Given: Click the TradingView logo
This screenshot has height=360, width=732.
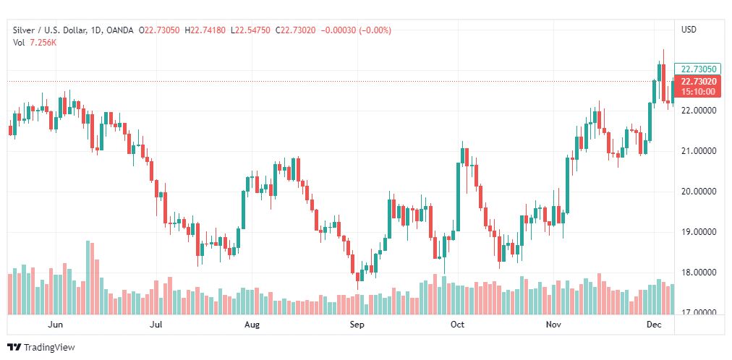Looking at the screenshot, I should tap(41, 348).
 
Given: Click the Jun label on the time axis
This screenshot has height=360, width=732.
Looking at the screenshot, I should tap(55, 325).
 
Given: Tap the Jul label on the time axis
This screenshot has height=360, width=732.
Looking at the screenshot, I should tap(156, 325).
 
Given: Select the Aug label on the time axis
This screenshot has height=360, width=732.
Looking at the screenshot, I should tap(252, 325).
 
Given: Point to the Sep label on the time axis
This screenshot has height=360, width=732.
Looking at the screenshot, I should tap(357, 325).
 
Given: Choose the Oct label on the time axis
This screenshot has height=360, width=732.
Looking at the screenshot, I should tap(457, 325).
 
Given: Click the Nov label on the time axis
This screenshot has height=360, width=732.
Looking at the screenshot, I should tap(554, 325).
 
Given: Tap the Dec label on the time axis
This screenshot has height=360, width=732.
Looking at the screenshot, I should tap(655, 325).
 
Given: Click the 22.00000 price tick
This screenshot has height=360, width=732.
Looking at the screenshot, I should tap(699, 111).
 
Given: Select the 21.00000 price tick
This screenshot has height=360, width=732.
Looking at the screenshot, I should tap(699, 151).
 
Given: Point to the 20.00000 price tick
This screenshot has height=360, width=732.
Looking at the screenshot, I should tap(699, 192).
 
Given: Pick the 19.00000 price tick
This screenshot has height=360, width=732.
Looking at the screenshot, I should tap(699, 232).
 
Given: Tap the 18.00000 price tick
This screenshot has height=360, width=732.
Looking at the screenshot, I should tap(699, 273).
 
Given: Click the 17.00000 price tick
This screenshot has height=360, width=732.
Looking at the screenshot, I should tap(699, 312).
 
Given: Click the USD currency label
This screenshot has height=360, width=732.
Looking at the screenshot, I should tap(689, 30).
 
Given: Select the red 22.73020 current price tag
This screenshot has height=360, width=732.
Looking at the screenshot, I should tap(698, 82).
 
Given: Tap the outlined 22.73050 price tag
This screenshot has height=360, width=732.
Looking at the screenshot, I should tap(698, 69).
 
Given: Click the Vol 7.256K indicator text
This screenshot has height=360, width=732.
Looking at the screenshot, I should tap(35, 43).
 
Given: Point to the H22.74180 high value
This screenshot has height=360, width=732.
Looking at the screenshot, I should tap(205, 30).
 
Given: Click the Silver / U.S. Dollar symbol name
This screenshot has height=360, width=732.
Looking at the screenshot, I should tap(48, 30).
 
